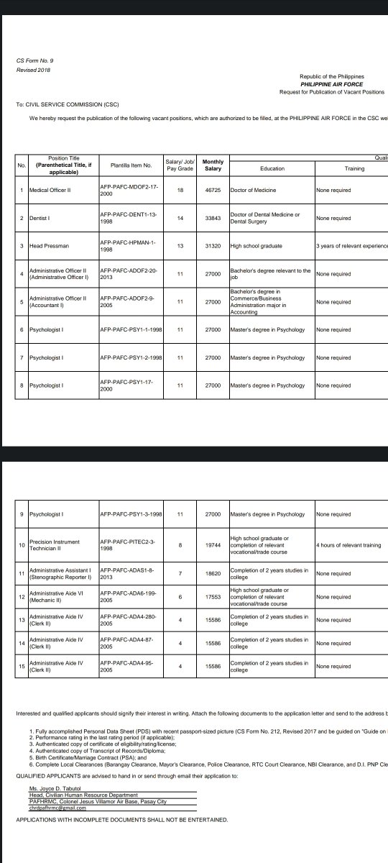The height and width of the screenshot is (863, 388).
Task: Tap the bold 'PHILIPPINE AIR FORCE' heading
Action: click(x=331, y=83)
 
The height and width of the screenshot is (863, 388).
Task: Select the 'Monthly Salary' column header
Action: click(x=213, y=165)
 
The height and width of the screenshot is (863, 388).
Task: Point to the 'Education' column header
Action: click(x=272, y=168)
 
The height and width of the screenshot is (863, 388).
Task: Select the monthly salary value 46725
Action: click(x=213, y=190)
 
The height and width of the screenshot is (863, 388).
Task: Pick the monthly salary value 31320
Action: click(x=213, y=246)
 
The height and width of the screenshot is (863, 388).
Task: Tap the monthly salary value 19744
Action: click(x=213, y=545)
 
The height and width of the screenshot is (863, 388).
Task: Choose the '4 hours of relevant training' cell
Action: click(x=348, y=545)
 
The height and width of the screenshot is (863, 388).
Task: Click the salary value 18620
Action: click(x=213, y=574)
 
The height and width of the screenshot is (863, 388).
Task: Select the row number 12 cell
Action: click(x=22, y=597)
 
